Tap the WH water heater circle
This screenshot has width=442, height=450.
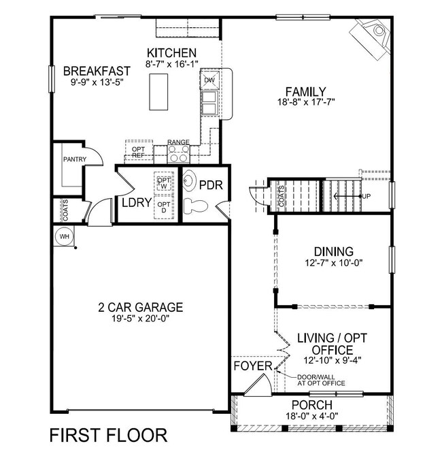coord(65,236)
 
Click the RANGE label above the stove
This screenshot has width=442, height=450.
coord(178,142)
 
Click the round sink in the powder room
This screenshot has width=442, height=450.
coord(190,182)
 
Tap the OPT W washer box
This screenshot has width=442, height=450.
coord(163,181)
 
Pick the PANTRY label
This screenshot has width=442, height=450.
coord(73,159)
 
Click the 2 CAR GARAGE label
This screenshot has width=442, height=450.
coord(139,306)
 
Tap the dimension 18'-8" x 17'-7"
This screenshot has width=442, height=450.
coord(306,102)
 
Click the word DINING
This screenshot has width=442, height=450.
coord(333,251)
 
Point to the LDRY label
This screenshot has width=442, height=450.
coord(136,204)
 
